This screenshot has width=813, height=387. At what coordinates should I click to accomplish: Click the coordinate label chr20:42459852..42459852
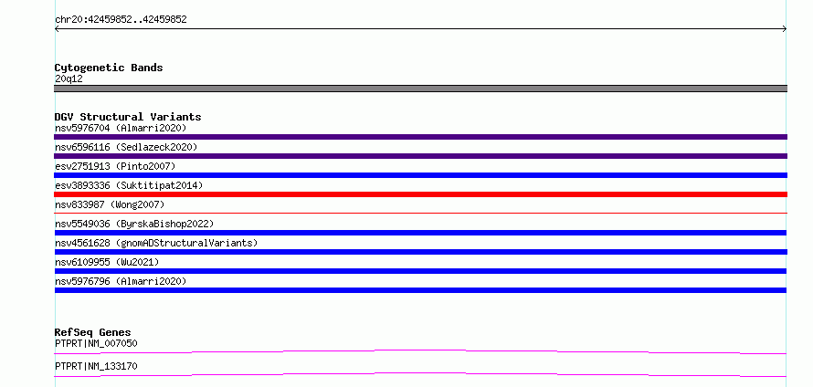tap(121, 20)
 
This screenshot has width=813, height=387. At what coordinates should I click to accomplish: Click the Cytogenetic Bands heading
tap(109, 68)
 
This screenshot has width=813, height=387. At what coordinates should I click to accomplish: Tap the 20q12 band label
tap(69, 78)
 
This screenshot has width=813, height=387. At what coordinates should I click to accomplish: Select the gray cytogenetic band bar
tap(420, 89)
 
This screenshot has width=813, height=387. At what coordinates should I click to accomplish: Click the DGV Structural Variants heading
tap(128, 117)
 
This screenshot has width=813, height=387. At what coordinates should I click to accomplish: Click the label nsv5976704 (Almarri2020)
tap(121, 128)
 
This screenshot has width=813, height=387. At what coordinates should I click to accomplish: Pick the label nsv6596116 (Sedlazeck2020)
tap(126, 147)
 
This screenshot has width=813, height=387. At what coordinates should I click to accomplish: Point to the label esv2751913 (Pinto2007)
tap(115, 166)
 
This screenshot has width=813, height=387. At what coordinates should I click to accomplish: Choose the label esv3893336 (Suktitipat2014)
tap(129, 185)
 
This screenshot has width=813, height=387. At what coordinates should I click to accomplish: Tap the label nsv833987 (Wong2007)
tap(110, 204)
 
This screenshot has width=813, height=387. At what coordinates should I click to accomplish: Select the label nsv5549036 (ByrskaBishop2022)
tap(134, 224)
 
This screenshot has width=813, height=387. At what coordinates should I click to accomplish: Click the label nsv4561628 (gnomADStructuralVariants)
tap(156, 243)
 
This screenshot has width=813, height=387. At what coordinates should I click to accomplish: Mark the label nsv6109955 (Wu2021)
tap(107, 262)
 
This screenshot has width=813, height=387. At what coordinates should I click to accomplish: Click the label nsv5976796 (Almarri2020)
tap(121, 281)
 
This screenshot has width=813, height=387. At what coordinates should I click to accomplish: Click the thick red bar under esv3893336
tap(420, 194)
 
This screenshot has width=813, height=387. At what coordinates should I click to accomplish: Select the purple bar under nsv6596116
tap(420, 156)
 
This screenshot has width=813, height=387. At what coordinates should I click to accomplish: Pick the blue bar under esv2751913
tap(420, 175)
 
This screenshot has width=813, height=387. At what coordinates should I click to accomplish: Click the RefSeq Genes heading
tap(93, 332)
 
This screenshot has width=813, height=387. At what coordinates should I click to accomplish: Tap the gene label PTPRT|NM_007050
tap(96, 343)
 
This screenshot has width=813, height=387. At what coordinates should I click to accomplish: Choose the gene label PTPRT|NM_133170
tap(96, 366)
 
